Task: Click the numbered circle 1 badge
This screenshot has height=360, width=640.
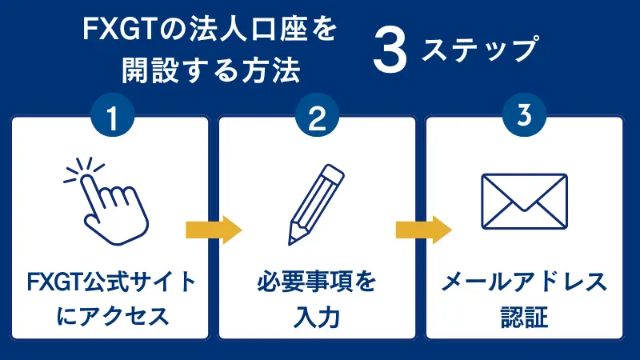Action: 112,118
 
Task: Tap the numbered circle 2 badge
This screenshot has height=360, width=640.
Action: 318,118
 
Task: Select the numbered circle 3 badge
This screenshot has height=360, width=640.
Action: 524,118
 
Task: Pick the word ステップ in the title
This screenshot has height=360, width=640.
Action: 478,50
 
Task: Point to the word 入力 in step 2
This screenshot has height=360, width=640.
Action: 317,316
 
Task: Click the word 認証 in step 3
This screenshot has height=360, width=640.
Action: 524,316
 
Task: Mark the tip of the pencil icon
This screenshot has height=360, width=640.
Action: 292,240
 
